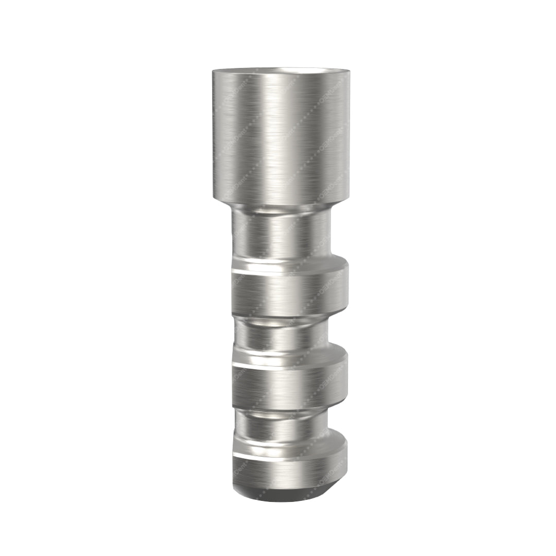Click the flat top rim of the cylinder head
coord(281,69)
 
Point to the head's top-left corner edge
coord(213,73)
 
